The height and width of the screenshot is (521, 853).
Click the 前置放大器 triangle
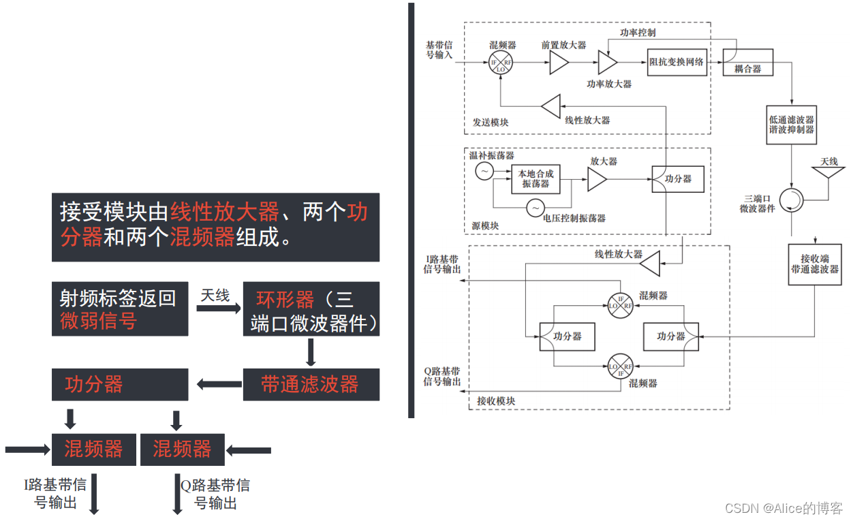(x=558, y=64)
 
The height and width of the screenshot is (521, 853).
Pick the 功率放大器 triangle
(x=606, y=63)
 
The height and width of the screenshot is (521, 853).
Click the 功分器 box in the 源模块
(x=678, y=178)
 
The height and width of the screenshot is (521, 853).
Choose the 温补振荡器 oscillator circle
(x=484, y=172)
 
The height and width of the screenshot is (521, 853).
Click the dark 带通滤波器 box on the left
(x=311, y=385)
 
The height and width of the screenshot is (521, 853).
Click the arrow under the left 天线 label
(x=215, y=309)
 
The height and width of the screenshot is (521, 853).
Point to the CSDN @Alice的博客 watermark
(x=784, y=508)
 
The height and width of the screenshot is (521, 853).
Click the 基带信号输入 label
(x=439, y=50)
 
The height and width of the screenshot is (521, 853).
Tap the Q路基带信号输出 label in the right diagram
(x=442, y=377)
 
